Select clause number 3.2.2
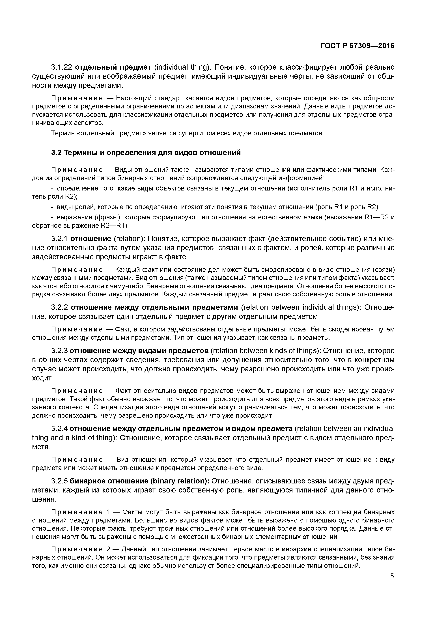[60, 307]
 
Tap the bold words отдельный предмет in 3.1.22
[113, 67]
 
